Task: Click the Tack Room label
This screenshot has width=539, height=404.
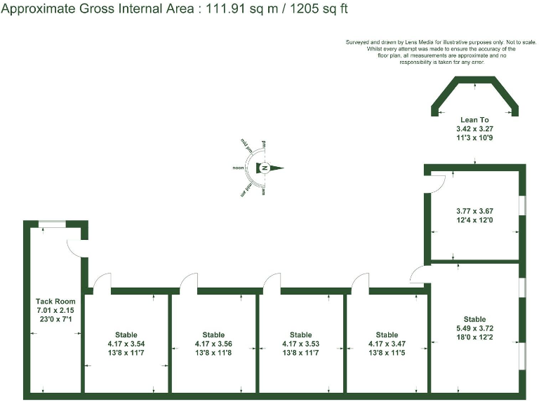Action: click(x=55, y=301)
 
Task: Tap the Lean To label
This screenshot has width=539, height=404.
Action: click(x=474, y=120)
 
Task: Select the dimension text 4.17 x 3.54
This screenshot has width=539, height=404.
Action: click(x=126, y=344)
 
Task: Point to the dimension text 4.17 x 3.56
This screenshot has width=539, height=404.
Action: click(x=213, y=344)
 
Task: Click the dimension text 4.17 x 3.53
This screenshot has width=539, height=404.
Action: click(x=300, y=344)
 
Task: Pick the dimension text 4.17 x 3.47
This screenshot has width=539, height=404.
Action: click(x=387, y=344)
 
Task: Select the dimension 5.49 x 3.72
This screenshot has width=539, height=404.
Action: click(x=474, y=328)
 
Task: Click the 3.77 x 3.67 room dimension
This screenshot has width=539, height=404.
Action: click(x=474, y=210)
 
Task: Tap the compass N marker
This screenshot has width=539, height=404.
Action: click(x=265, y=168)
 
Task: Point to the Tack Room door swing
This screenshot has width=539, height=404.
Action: click(x=76, y=248)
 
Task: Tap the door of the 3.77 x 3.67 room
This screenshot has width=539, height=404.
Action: click(x=437, y=182)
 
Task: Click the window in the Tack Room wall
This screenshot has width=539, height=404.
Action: click(x=52, y=224)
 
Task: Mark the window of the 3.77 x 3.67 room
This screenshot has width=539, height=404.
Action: click(x=521, y=204)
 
